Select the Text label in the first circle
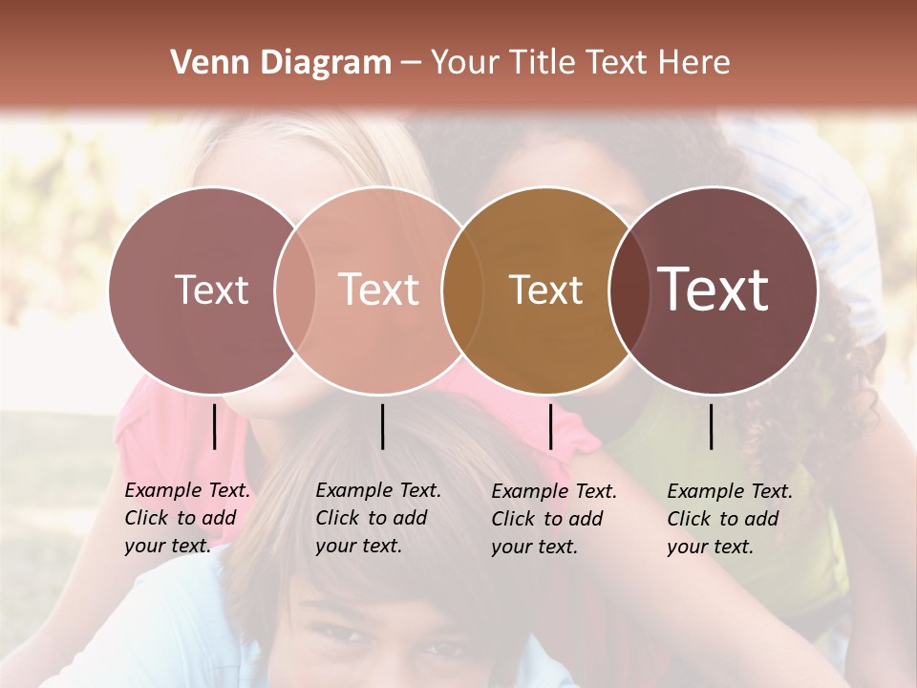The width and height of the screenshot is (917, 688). coord(211,290)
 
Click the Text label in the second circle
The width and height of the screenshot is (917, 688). coord(378,290)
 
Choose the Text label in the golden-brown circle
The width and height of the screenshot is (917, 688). coord(545,290)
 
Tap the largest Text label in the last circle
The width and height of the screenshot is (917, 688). coord(714,289)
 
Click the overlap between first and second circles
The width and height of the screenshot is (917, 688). coord(295,290)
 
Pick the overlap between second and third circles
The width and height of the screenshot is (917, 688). coord(461,290)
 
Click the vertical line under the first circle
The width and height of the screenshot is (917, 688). coord(215,426)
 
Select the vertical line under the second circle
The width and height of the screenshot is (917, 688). coord(382,426)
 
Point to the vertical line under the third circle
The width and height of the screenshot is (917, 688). coord(550,426)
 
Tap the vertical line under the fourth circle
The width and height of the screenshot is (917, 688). coord(712,426)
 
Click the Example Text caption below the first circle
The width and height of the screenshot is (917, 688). coord(187,518)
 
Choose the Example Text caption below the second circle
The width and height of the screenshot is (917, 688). coord(378,518)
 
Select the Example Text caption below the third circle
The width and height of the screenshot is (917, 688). coord(554,519)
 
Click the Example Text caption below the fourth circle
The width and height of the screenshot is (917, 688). coord(730,519)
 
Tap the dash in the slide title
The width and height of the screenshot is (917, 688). coord(411,64)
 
